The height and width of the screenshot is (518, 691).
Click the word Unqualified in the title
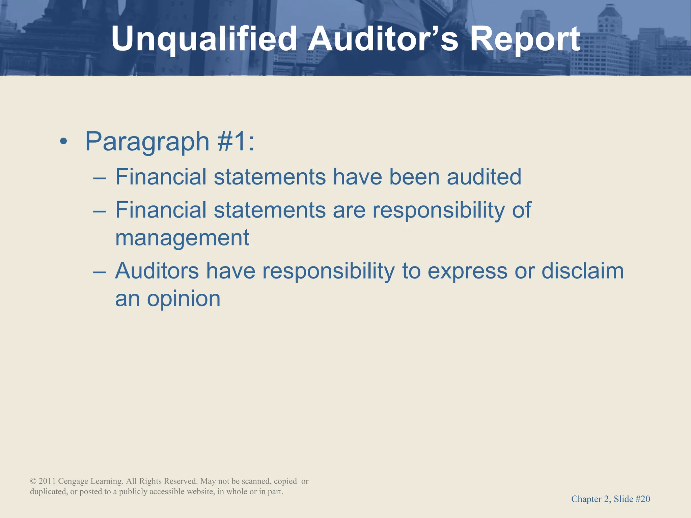click(x=204, y=39)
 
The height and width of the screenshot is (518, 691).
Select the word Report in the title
click(x=525, y=39)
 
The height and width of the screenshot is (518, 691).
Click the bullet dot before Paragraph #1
click(x=63, y=142)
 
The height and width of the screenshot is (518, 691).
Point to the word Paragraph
click(x=147, y=142)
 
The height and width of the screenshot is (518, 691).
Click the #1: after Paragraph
click(x=236, y=142)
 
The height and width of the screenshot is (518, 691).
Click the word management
click(x=182, y=238)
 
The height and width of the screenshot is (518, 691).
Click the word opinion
click(x=184, y=299)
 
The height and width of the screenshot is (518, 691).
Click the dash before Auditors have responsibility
click(x=100, y=272)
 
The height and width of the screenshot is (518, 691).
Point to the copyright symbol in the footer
click(x=33, y=481)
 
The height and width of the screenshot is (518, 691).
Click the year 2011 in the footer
click(x=47, y=481)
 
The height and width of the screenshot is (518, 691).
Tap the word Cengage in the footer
click(x=73, y=481)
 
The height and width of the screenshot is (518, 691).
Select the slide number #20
click(x=643, y=499)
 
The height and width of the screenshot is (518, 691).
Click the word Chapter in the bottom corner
click(x=586, y=499)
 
